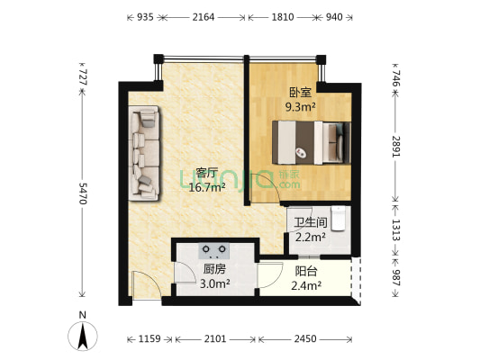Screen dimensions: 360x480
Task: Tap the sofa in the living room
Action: [x=144, y=151]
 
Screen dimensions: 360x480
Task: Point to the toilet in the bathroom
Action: [x=338, y=219]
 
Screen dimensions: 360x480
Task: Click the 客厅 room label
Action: [x=207, y=174]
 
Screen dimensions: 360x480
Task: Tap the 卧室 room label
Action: [x=300, y=92]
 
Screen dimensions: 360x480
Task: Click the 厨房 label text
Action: [x=213, y=269]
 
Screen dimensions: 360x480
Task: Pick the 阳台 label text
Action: [x=306, y=271]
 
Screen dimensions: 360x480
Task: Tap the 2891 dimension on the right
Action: [x=396, y=147]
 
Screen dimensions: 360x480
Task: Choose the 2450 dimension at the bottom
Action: [x=306, y=338]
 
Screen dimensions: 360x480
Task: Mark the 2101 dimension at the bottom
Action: [x=216, y=338]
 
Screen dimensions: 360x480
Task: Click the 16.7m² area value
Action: [x=207, y=187]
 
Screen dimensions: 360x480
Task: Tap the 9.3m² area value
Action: [x=300, y=105]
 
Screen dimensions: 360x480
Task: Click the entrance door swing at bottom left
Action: [x=144, y=286]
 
